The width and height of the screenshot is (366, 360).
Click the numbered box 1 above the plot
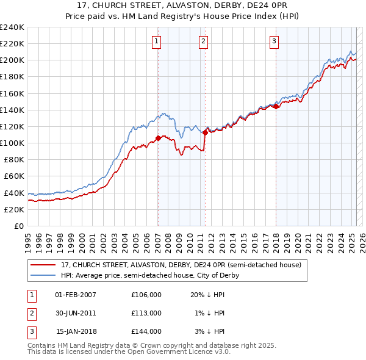click(x=157, y=41)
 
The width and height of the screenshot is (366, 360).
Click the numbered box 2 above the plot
click(x=203, y=41)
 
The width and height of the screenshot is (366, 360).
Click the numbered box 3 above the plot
click(x=274, y=41)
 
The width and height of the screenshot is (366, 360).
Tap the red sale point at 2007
click(x=158, y=138)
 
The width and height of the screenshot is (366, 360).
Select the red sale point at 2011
click(x=205, y=132)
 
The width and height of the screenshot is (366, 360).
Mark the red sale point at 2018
click(x=276, y=107)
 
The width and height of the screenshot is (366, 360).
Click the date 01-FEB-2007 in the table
click(x=76, y=295)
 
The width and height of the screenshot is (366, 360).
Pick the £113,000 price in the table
click(x=146, y=313)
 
